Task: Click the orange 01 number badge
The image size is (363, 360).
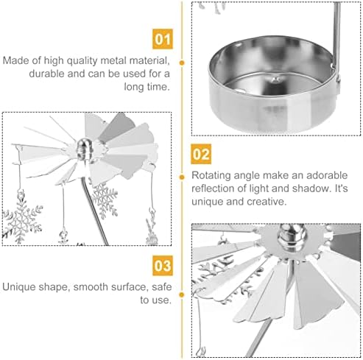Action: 163,39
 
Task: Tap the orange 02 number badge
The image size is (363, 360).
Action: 201,154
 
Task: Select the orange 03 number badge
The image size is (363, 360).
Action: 163,266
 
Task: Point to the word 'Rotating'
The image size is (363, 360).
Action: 211,176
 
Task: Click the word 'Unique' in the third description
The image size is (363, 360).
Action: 18,287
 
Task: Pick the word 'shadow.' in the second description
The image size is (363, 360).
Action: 311,188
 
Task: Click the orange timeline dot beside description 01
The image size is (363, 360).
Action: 182,63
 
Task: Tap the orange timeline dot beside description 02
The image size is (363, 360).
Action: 182,177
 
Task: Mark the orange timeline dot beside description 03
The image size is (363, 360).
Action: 182,294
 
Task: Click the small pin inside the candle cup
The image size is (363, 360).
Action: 277,80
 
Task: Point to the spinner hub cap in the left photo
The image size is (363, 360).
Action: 84,149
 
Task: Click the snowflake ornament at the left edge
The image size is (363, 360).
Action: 22,217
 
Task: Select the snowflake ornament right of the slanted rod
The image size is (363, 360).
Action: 105,201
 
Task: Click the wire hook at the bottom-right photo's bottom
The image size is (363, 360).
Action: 202,351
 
